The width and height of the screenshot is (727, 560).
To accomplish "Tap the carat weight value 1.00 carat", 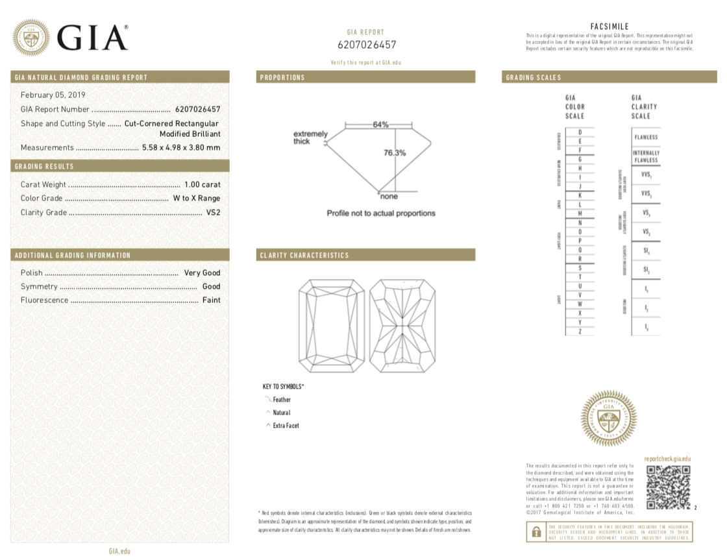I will tap(202, 185).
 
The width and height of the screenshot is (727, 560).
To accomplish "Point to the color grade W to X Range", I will tap(196, 199).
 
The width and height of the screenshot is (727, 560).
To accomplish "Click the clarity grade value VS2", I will tap(213, 212).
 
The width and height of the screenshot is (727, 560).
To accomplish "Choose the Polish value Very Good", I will tap(202, 273).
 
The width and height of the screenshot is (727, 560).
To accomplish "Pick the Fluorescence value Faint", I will tap(211, 300).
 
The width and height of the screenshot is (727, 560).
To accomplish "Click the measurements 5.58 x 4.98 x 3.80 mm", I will tap(181, 148).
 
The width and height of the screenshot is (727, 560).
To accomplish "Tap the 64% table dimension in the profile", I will tap(380, 125).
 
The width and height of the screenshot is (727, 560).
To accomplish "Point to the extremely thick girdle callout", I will tap(310, 138).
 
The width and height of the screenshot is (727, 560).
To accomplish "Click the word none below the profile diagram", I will tap(389, 196).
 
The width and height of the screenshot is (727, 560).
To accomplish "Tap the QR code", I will tap(668, 487).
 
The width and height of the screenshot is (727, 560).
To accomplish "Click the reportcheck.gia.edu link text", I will tap(667, 459).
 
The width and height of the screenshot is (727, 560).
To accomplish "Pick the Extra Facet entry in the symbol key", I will tap(286, 426).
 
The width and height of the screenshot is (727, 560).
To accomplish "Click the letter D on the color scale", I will tap(579, 132).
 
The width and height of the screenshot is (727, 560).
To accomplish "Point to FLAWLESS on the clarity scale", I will tap(646, 138).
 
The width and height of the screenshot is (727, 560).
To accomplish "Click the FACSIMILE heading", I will tap(610, 26).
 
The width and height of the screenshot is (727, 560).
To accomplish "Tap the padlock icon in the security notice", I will tap(536, 531).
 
